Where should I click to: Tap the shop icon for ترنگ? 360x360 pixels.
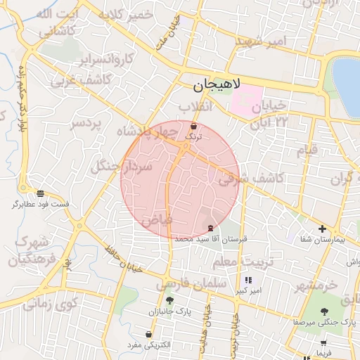193,126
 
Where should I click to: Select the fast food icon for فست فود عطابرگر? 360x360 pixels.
41,193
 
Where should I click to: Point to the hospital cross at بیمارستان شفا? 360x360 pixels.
322,228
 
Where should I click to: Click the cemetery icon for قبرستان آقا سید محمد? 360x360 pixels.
212,229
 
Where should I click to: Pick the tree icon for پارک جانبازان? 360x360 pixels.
169,300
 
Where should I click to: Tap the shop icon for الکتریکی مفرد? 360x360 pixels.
148,334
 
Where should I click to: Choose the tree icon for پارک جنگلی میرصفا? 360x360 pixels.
323,311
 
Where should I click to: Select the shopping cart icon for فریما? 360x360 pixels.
323,343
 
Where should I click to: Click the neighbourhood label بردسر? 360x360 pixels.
86,124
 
